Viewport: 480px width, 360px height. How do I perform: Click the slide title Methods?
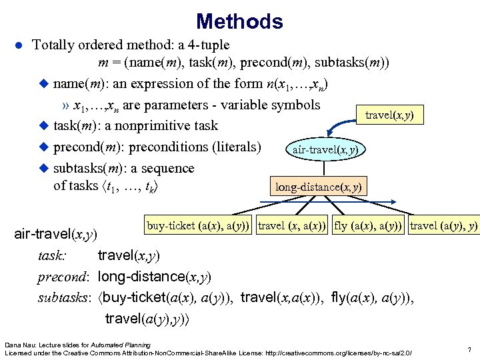[x=240, y=21]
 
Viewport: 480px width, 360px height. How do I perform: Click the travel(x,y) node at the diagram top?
[x=389, y=115]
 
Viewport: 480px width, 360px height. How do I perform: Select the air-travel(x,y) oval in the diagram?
[x=325, y=149]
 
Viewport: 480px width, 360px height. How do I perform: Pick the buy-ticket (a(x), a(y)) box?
[x=199, y=226]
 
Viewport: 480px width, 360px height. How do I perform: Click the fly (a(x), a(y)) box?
[x=369, y=226]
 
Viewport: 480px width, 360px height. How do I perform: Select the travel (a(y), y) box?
[x=443, y=226]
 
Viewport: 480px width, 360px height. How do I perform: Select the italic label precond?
[x=64, y=276]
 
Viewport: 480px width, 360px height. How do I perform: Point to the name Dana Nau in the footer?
[x=19, y=344]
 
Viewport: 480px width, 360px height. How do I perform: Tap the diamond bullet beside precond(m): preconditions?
[x=45, y=147]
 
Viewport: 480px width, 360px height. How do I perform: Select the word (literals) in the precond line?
[x=235, y=147]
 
